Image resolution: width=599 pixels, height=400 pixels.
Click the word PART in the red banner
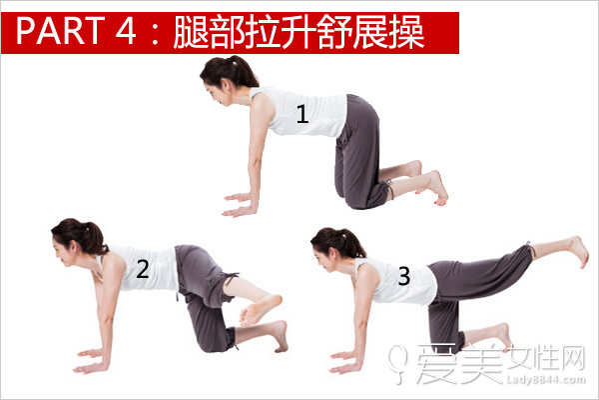tap(60, 31)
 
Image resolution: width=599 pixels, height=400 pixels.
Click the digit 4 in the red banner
tap(126, 31)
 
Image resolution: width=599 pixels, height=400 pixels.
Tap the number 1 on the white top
tap(302, 114)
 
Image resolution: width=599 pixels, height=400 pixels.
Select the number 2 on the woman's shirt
tap(143, 269)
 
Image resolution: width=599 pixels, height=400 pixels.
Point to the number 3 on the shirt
tap(404, 276)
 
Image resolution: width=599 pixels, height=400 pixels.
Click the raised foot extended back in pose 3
tap(578, 251)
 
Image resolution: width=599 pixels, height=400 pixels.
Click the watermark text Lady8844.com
tap(546, 379)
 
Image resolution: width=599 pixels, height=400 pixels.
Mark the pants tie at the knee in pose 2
tap(232, 278)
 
